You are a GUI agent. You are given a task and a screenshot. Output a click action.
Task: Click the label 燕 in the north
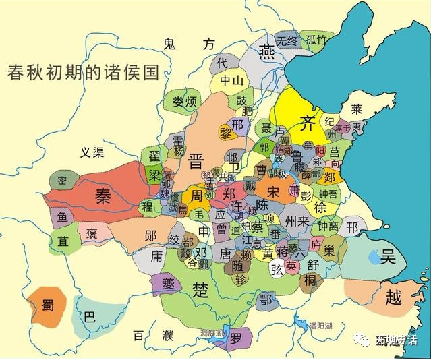click(268, 51)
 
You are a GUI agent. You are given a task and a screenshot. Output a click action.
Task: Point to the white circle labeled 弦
click(277, 270)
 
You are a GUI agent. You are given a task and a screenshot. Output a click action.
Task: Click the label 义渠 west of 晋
click(92, 152)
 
